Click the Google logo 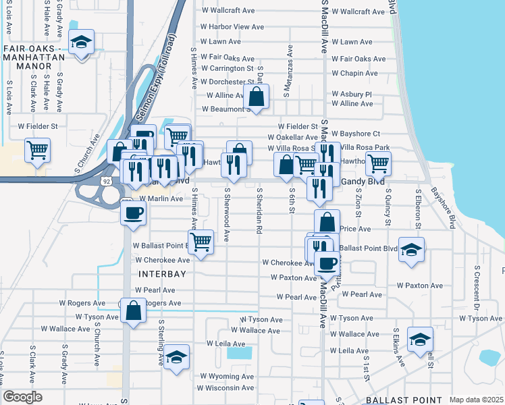23,397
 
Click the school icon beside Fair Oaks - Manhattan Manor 82,43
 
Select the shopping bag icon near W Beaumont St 257,97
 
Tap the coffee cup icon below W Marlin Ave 133,213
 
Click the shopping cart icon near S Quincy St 378,162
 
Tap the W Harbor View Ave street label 232,27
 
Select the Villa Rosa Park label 365,147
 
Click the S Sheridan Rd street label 259,211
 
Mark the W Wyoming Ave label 226,376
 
